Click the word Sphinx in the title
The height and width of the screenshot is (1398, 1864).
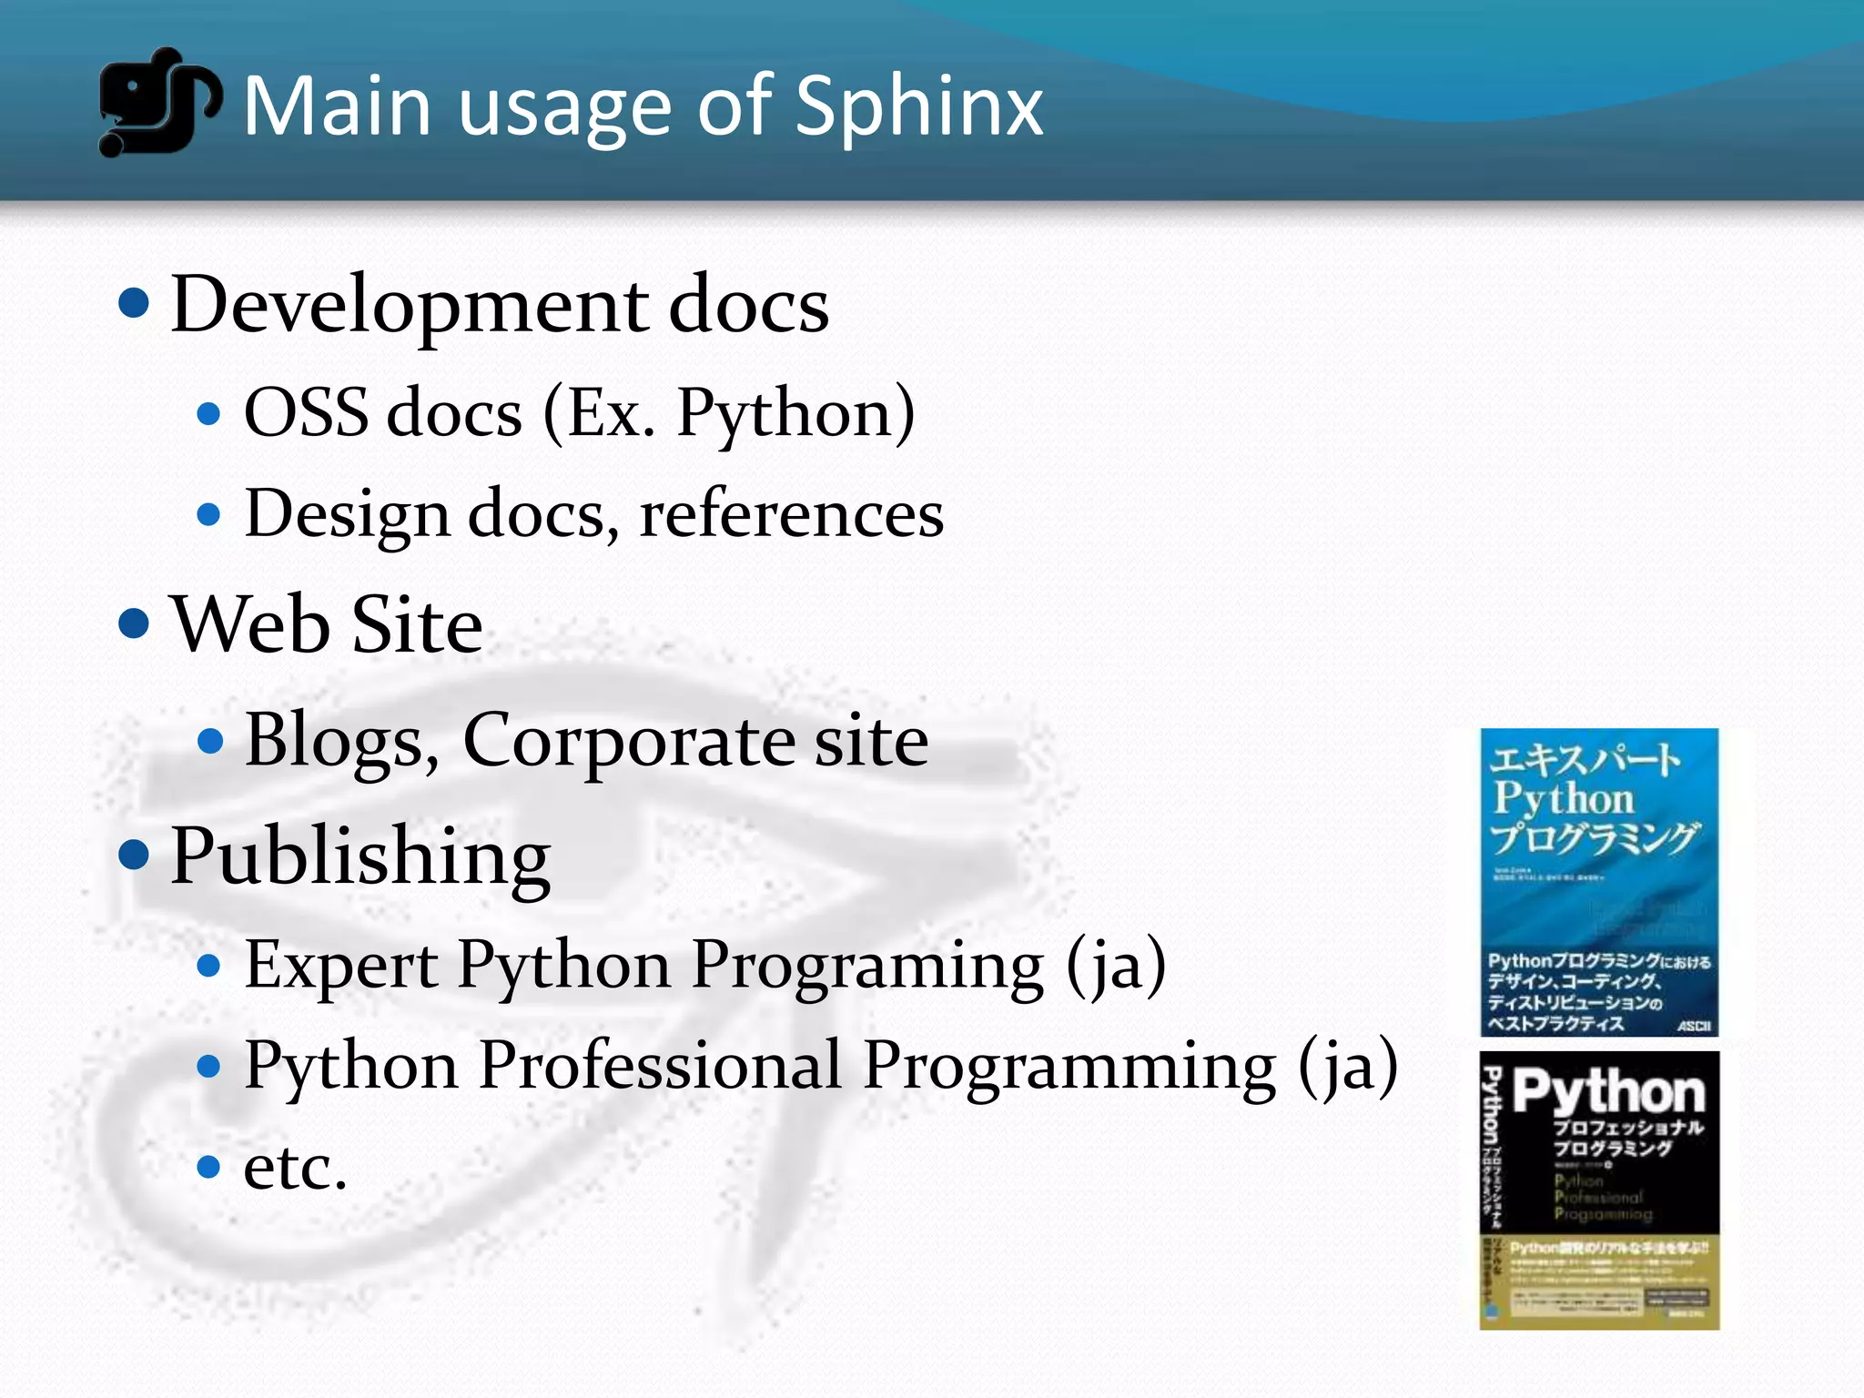point(919,107)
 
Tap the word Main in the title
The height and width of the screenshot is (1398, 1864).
point(337,107)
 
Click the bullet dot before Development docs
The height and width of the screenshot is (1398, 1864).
point(134,303)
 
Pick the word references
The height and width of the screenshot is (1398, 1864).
point(792,514)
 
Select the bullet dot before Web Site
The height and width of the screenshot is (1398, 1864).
point(134,623)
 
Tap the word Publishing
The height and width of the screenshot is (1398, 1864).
point(360,857)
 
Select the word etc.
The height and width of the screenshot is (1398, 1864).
point(295,1167)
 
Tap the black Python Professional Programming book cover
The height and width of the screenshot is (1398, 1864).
point(1599,1190)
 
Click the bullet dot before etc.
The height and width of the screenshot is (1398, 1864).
point(208,1166)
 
